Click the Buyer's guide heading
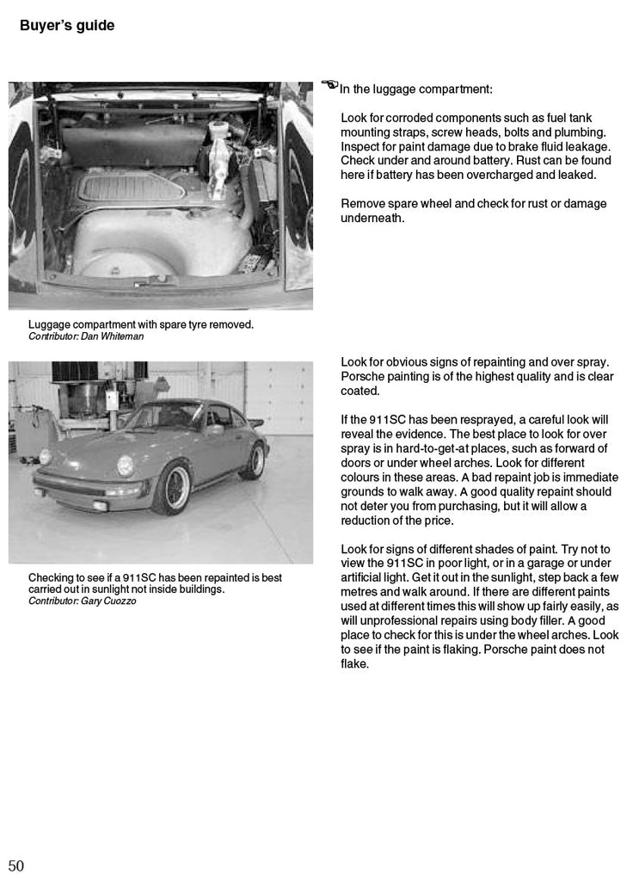(x=67, y=26)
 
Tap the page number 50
(x=16, y=866)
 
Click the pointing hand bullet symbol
(x=329, y=84)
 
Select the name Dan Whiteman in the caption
(x=113, y=336)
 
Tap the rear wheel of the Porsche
(x=253, y=461)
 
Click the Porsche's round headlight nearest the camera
(x=126, y=465)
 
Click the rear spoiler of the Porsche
(x=255, y=422)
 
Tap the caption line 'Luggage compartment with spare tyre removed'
(x=141, y=324)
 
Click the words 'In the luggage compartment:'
(x=416, y=89)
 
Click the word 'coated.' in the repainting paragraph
(x=360, y=391)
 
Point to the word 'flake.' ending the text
(x=355, y=663)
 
